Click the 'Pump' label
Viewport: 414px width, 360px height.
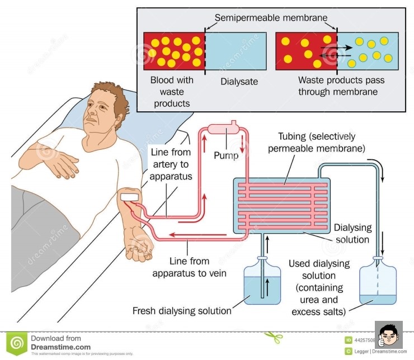pyautogui.click(x=226, y=156)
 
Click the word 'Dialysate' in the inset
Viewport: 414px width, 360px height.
pyautogui.click(x=239, y=81)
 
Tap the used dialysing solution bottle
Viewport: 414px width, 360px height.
pyautogui.click(x=378, y=282)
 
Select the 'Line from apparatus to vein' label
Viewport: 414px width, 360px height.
pyautogui.click(x=190, y=267)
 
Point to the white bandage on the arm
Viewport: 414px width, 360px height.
pyautogui.click(x=129, y=196)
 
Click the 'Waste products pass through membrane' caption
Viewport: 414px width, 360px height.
pyautogui.click(x=338, y=86)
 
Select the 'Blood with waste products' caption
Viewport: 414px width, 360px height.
pyautogui.click(x=172, y=91)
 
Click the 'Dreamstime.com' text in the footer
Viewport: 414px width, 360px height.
pyautogui.click(x=60, y=347)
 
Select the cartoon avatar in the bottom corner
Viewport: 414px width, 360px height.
pyautogui.click(x=388, y=335)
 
